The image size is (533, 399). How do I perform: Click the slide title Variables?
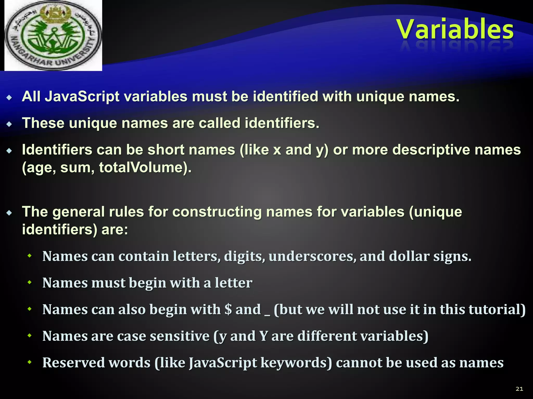pyautogui.click(x=455, y=30)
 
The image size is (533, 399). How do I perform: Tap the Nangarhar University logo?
pyautogui.click(x=53, y=36)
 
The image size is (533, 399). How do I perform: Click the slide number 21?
pyautogui.click(x=519, y=389)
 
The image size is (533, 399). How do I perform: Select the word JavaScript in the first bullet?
pyautogui.click(x=82, y=97)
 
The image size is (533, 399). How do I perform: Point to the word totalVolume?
pyautogui.click(x=145, y=168)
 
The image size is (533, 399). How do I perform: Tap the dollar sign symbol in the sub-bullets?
pyautogui.click(x=228, y=309)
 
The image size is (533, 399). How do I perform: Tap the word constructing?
pyautogui.click(x=217, y=212)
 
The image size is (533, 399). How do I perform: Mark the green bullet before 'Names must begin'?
pyautogui.click(x=30, y=282)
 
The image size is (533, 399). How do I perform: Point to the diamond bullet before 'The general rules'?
pyautogui.click(x=9, y=213)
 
